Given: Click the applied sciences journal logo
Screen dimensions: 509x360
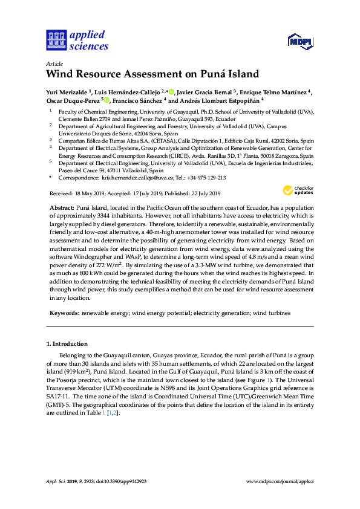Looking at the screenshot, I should pos(77,39).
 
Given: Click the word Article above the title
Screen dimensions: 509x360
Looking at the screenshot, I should pos(54,63).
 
